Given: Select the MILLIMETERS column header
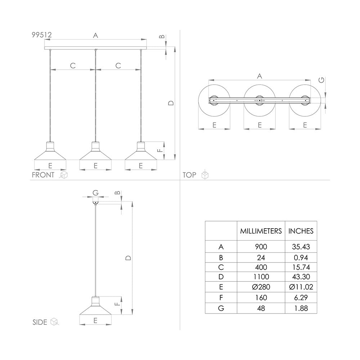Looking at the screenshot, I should point(261,231).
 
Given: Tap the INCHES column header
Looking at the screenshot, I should point(301,231).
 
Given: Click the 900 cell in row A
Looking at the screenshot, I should point(261,247).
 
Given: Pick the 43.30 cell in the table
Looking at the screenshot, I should point(301,277).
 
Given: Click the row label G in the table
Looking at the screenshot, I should point(221,308).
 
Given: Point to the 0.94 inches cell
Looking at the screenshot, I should point(301,257).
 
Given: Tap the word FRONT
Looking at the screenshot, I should point(43,175).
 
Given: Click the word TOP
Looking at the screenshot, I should point(189,175).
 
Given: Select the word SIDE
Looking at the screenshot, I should point(40,322).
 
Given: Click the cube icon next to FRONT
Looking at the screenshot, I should point(64,175).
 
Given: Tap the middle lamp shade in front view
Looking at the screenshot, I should point(95,153).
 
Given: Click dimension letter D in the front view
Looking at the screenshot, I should point(171,103).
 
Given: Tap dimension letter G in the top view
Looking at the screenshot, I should point(321,80).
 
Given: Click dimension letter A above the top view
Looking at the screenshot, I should point(259,76).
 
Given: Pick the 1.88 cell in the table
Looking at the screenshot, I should point(301,308).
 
